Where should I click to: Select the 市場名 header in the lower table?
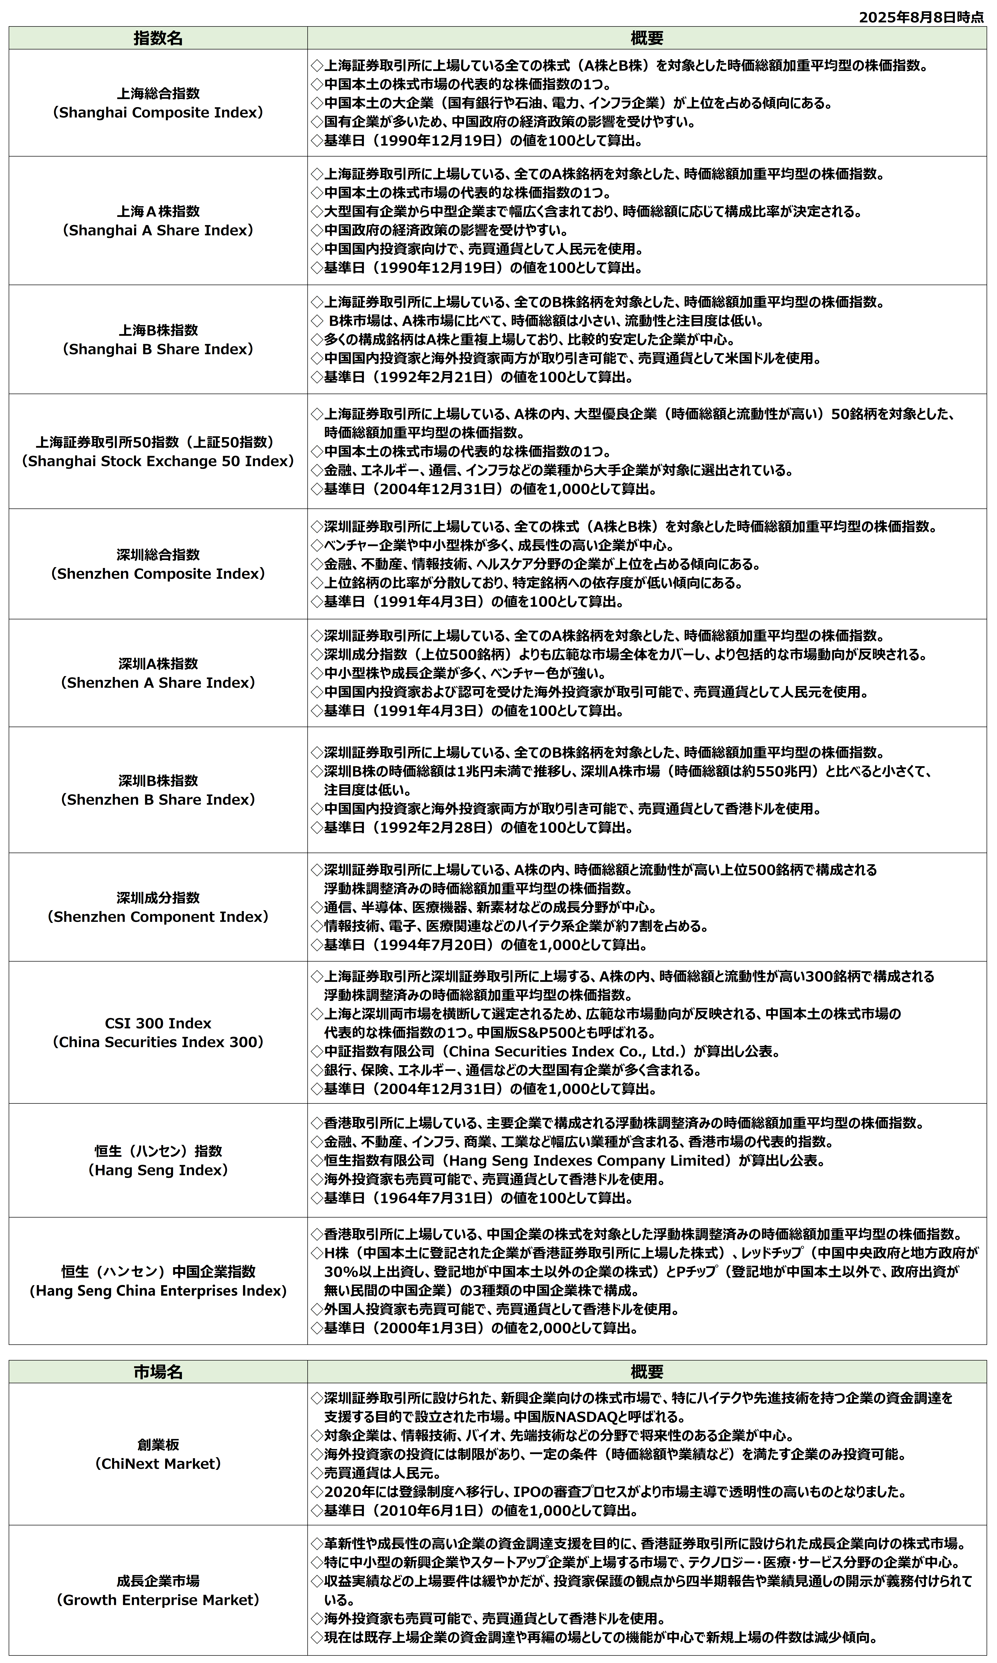(158, 1372)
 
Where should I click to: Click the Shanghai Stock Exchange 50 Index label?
(158, 461)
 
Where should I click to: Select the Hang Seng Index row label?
(158, 1170)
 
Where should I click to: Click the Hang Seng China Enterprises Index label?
(158, 1291)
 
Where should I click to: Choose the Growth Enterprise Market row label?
(158, 1600)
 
